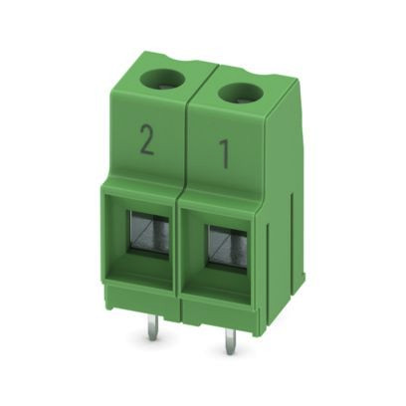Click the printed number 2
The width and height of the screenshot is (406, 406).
(x=146, y=140)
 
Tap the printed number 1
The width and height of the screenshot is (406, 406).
(x=224, y=154)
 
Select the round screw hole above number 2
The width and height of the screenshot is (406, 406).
(x=163, y=80)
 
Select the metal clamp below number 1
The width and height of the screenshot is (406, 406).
(x=228, y=247)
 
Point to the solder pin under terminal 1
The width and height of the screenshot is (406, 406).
(x=229, y=340)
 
